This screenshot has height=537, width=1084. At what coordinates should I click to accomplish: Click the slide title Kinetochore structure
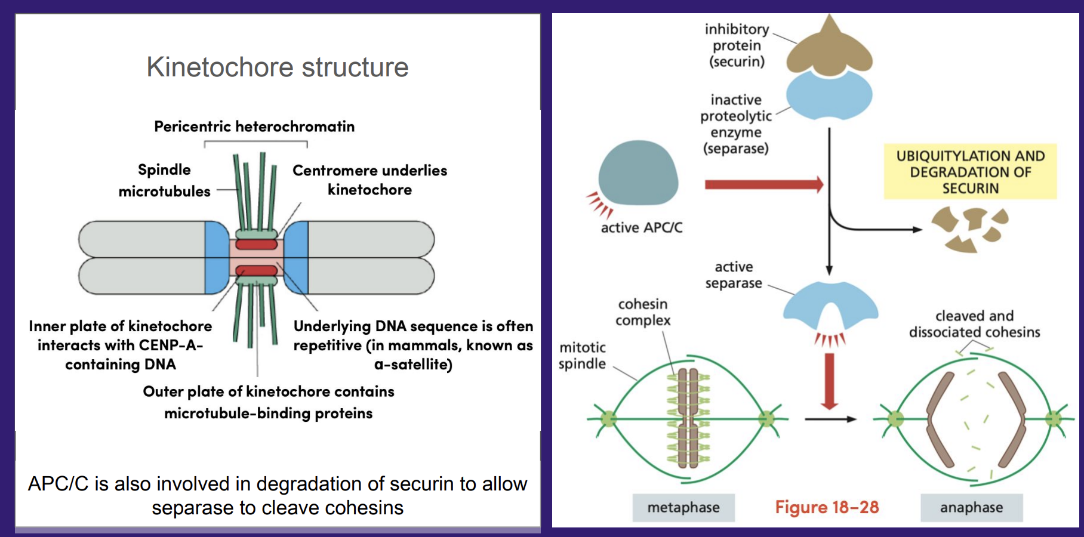click(x=278, y=67)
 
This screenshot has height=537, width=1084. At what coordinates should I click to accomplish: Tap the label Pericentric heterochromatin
click(x=254, y=126)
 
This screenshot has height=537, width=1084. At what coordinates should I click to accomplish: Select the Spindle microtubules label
click(x=164, y=180)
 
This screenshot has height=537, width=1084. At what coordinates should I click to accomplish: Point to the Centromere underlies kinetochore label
click(x=369, y=180)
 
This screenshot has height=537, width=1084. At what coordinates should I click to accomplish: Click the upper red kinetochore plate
click(x=256, y=244)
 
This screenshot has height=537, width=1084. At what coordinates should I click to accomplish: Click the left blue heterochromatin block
click(x=216, y=257)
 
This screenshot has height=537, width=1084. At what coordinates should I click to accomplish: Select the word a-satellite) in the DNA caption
click(x=413, y=364)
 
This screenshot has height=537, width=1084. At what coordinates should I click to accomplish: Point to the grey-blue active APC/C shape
click(x=638, y=174)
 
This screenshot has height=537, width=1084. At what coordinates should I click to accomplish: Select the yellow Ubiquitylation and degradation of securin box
click(x=970, y=172)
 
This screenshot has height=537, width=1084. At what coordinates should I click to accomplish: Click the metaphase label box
click(x=683, y=507)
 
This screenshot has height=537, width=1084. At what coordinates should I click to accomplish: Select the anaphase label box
click(x=971, y=507)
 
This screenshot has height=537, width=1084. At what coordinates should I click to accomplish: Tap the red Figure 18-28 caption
click(x=827, y=507)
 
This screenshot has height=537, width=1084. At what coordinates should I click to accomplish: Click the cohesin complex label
click(x=643, y=312)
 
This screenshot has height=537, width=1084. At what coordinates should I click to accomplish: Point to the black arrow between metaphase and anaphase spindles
click(x=830, y=419)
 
